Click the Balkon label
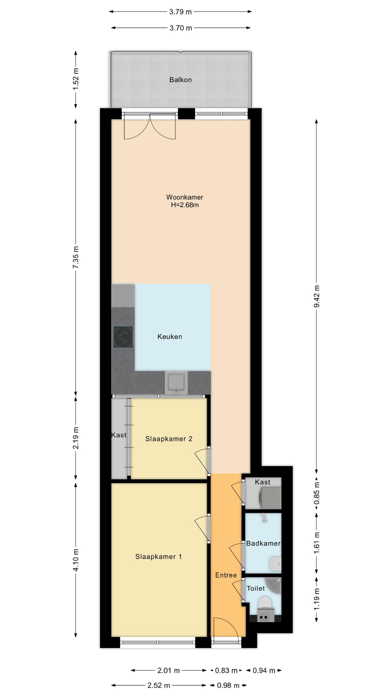[x=180, y=80]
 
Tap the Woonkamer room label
[x=185, y=197]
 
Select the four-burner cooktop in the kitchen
[x=123, y=337]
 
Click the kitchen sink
[x=176, y=383]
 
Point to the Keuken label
[x=170, y=337]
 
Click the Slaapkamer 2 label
[x=169, y=439]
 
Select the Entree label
[x=226, y=575]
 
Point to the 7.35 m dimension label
[x=76, y=257]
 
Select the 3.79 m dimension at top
[x=180, y=12]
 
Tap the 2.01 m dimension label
[x=169, y=671]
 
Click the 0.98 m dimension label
[x=228, y=686]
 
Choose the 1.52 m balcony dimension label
[x=76, y=79]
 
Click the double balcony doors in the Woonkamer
[x=150, y=126]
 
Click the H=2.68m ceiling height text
[x=185, y=205]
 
